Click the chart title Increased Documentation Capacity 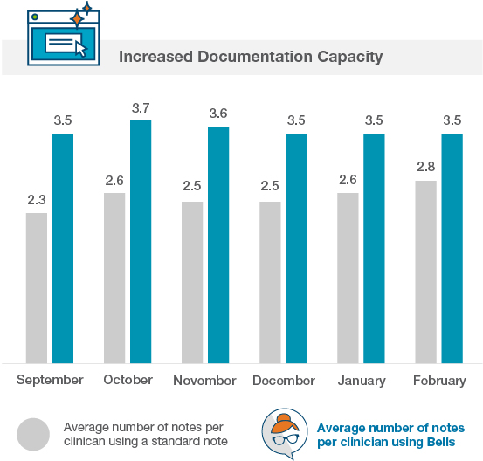[250, 58]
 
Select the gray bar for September [37, 287]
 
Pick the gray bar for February [425, 271]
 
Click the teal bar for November [218, 244]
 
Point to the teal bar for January [374, 248]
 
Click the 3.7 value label [141, 108]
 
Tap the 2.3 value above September [37, 200]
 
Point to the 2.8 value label [425, 168]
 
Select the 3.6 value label [218, 114]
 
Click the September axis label [50, 380]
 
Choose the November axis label [204, 381]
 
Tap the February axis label [438, 381]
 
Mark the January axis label [361, 381]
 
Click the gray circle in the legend [34, 434]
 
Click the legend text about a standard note [145, 434]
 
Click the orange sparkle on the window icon [77, 17]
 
